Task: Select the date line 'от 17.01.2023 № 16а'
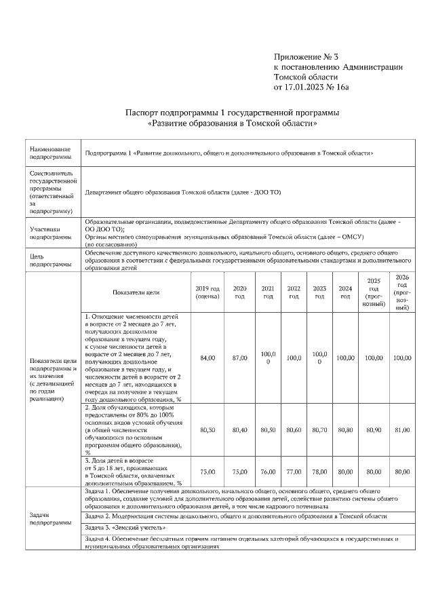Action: point(311,87)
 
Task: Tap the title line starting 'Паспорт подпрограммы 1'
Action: point(232,112)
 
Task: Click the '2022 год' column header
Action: point(294,292)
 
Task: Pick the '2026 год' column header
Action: point(402,292)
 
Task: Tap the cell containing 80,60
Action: point(294,429)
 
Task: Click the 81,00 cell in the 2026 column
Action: point(402,429)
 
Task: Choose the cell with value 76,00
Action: point(268,471)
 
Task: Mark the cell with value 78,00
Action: point(319,471)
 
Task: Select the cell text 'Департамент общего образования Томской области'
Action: point(183,193)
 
